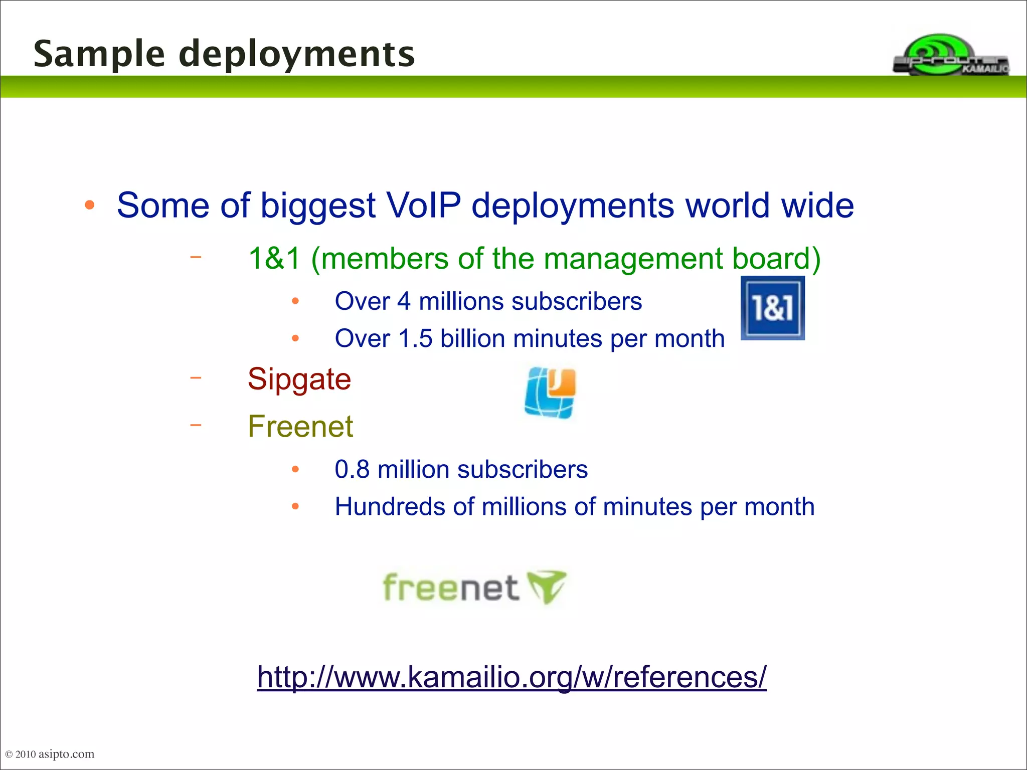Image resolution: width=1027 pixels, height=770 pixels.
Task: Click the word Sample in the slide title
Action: (99, 54)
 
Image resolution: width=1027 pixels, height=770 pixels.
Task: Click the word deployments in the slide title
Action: (297, 54)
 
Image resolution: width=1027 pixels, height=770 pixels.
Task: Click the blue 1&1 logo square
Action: (772, 308)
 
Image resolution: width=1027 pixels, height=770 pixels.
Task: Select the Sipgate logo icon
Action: (551, 393)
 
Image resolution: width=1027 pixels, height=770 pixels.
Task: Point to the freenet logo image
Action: (474, 587)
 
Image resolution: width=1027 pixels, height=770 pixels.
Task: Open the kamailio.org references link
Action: (511, 677)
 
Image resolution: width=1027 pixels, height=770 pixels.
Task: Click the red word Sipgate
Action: (299, 379)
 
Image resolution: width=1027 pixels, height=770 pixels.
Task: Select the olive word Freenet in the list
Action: (300, 427)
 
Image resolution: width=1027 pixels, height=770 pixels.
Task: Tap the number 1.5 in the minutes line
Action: (415, 339)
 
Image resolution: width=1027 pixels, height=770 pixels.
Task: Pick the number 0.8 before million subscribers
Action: (352, 470)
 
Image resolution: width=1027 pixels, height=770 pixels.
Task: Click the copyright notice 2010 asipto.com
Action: (50, 754)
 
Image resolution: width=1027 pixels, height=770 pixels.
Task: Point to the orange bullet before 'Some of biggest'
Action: (90, 205)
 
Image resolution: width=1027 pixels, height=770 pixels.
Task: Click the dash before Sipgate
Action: (196, 377)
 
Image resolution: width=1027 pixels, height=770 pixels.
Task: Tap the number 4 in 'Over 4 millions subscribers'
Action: (404, 302)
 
